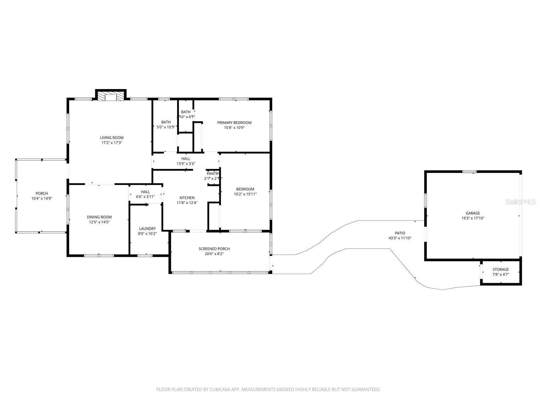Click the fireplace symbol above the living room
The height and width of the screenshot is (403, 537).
coord(110,97)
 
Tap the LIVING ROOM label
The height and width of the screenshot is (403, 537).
coord(112,138)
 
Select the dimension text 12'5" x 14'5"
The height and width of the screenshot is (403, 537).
coord(99,222)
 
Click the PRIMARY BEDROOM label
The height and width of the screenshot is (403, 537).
coord(234,123)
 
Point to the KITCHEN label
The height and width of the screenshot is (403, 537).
coord(187,198)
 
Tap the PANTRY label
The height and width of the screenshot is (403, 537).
coord(213,174)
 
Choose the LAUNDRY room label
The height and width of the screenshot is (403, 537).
coord(147,229)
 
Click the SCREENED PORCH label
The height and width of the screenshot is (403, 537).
coord(214,249)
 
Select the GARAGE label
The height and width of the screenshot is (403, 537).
coord(473,213)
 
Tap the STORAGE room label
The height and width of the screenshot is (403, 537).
coord(500,269)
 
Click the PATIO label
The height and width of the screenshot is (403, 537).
coord(400,233)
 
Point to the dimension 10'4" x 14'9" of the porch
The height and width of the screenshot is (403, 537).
coord(42,198)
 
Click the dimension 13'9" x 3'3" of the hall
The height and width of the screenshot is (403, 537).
coord(186,164)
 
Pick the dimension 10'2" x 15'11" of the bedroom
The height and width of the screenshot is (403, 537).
coord(245,194)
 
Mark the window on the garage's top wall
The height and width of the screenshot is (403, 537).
coord(469,172)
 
